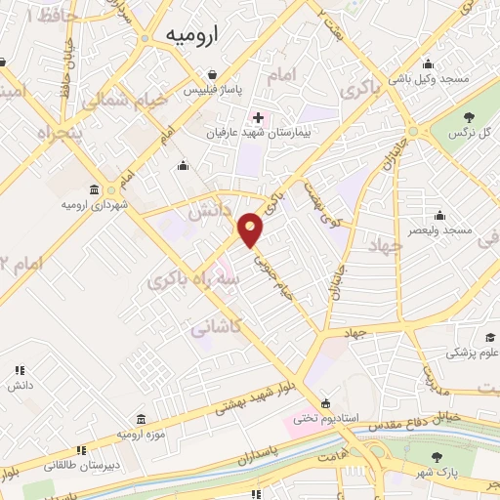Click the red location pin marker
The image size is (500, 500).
pyautogui.click(x=252, y=230)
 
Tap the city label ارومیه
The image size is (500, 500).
pyautogui.click(x=189, y=35)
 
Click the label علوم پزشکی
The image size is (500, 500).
pyautogui.click(x=473, y=353)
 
